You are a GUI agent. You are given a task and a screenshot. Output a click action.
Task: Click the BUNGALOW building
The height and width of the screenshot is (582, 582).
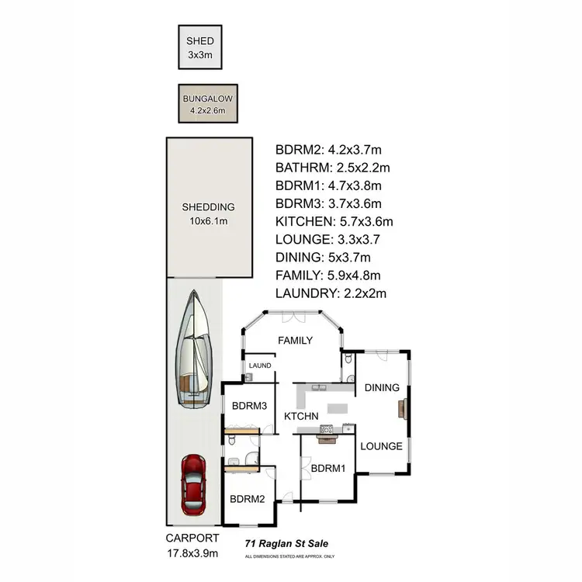point(207,103)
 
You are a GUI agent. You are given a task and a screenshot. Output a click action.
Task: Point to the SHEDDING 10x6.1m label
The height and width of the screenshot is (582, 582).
point(208,213)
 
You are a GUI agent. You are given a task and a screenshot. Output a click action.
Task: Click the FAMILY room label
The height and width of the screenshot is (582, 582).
point(295,340)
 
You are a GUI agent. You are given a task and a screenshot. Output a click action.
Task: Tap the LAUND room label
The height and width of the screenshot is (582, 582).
point(260,365)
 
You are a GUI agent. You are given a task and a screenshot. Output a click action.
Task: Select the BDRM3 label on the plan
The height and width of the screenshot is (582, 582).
point(250,405)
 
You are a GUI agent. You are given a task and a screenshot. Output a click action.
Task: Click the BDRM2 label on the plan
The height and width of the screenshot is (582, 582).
point(248,499)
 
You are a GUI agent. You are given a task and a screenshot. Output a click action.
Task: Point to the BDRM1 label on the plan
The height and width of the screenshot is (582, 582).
point(327,468)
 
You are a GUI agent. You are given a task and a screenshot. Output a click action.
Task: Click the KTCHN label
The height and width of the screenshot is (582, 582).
point(301,417)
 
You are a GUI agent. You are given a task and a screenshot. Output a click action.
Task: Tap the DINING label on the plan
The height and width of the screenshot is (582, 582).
point(381,388)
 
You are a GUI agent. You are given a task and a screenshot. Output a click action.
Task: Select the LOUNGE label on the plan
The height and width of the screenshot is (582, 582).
point(381,446)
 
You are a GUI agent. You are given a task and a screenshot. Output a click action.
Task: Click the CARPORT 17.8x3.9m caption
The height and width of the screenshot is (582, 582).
point(192,546)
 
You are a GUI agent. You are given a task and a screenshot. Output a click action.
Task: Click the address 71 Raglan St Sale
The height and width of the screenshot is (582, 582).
point(286,544)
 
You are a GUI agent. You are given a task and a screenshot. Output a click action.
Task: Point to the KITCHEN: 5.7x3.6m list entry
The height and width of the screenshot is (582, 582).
point(334,221)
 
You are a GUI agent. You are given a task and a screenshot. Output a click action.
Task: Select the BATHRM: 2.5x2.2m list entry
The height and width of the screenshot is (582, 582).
point(332,168)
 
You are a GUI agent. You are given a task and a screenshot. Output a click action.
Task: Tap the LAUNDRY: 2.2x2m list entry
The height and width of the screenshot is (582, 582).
point(331,293)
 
